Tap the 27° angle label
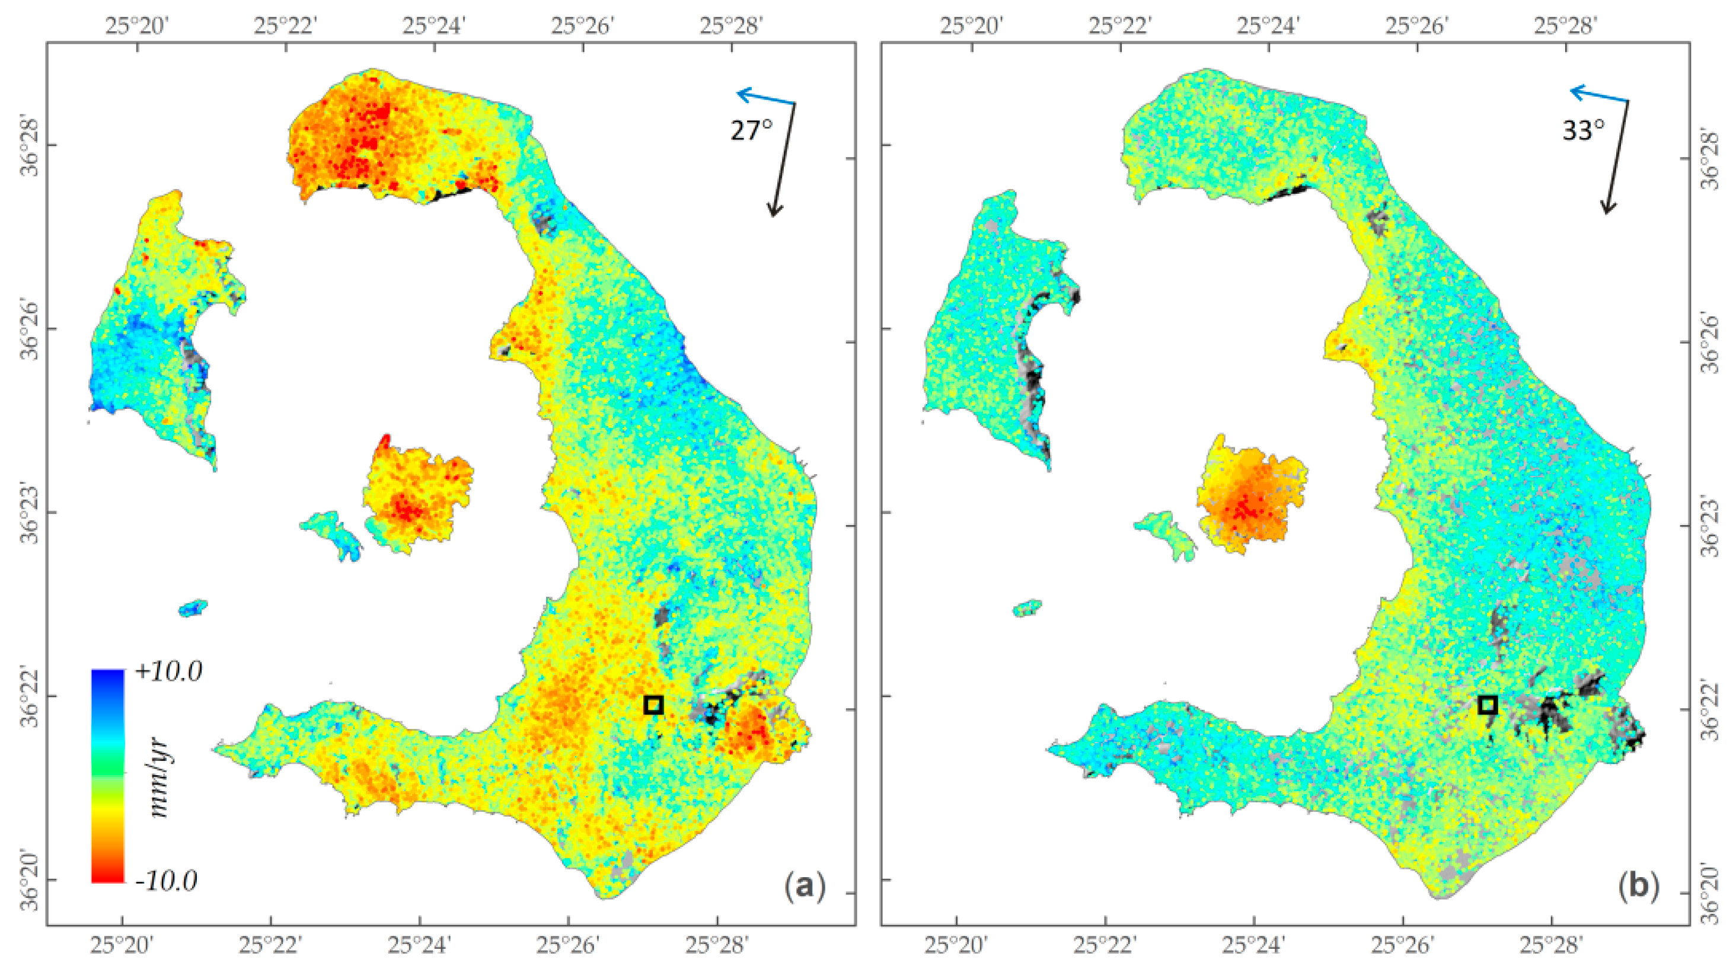[751, 130]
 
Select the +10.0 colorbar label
[168, 671]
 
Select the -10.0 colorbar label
[166, 880]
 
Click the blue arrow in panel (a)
[765, 98]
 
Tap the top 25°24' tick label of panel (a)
[434, 25]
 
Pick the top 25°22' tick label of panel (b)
[1119, 25]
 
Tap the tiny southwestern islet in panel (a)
[193, 607]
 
